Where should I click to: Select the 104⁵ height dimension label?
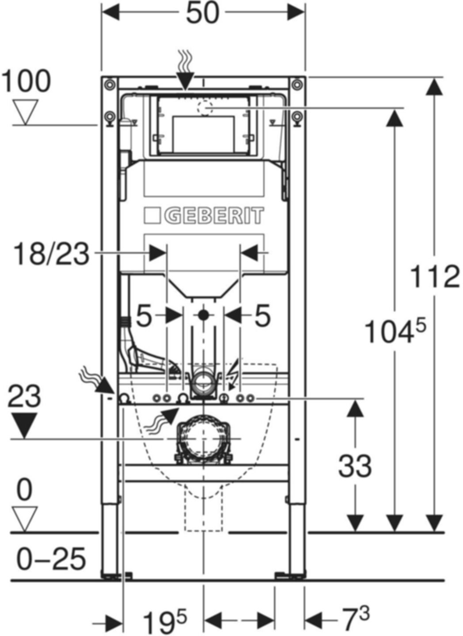(395, 329)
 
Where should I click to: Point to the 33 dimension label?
(355, 466)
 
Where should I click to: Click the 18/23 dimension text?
(51, 254)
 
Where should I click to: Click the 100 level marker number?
(27, 81)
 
